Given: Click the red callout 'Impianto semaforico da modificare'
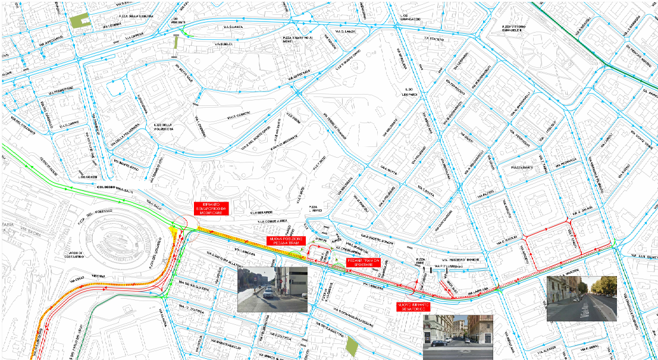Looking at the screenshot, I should click(212, 208).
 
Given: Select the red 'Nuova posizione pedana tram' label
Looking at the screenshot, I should click(286, 240).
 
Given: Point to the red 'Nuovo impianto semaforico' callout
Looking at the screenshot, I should click(413, 307).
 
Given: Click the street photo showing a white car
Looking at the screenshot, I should click(272, 289).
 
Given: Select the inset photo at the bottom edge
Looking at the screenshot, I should click(458, 337).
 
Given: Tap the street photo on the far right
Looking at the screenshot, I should click(581, 298).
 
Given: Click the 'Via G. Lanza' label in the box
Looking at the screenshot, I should click(346, 30).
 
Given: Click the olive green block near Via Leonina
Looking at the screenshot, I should click(79, 20).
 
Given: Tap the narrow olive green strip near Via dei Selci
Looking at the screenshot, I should click(176, 43).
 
